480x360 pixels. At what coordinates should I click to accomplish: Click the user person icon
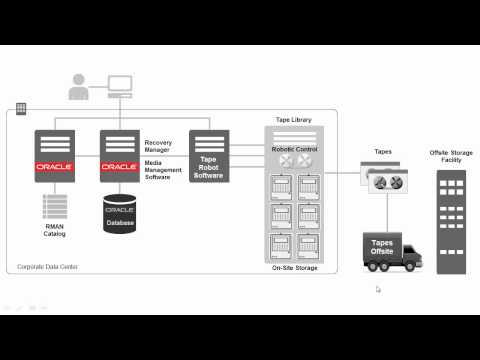(78, 88)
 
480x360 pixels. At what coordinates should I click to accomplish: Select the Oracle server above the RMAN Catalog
(55, 154)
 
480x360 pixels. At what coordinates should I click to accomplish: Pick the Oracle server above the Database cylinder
(119, 154)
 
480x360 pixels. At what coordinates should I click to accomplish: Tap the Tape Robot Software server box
(209, 156)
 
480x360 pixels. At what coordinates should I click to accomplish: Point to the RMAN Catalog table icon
(55, 207)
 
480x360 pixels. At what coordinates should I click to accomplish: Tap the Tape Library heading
(293, 120)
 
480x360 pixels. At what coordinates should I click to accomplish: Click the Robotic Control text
(294, 148)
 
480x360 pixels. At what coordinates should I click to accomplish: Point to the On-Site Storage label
(294, 268)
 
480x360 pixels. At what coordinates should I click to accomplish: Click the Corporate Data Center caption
(47, 267)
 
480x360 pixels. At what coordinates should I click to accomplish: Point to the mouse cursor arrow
(378, 290)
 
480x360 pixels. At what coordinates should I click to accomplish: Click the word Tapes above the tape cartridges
(383, 152)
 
